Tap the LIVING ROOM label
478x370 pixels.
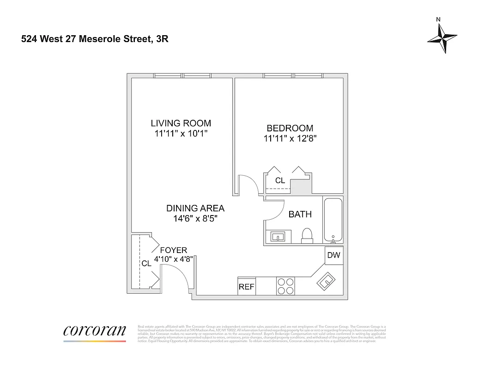(181, 123)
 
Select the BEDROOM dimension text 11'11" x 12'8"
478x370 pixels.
(290, 138)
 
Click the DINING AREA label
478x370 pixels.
(195, 209)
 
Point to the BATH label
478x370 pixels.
(300, 215)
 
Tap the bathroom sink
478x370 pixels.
(278, 237)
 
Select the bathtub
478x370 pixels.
(333, 220)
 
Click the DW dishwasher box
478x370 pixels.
(333, 255)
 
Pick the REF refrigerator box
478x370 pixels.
(246, 287)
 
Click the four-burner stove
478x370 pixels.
(285, 286)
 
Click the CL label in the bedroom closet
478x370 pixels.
(280, 181)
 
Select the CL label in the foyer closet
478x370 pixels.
(146, 264)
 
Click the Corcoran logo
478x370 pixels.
(95, 331)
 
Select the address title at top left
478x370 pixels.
(95, 39)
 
